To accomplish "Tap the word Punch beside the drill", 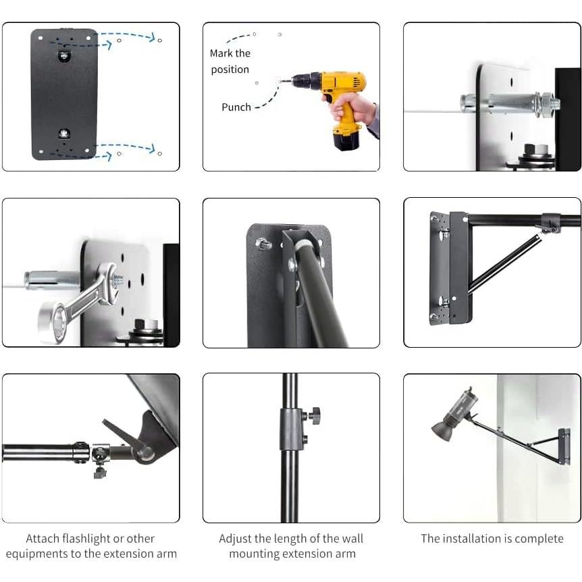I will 236,107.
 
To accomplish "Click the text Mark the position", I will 230,61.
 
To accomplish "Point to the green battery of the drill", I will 346,141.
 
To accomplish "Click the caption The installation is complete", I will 492,539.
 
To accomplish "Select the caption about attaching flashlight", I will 90,546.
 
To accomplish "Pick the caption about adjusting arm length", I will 291,546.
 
